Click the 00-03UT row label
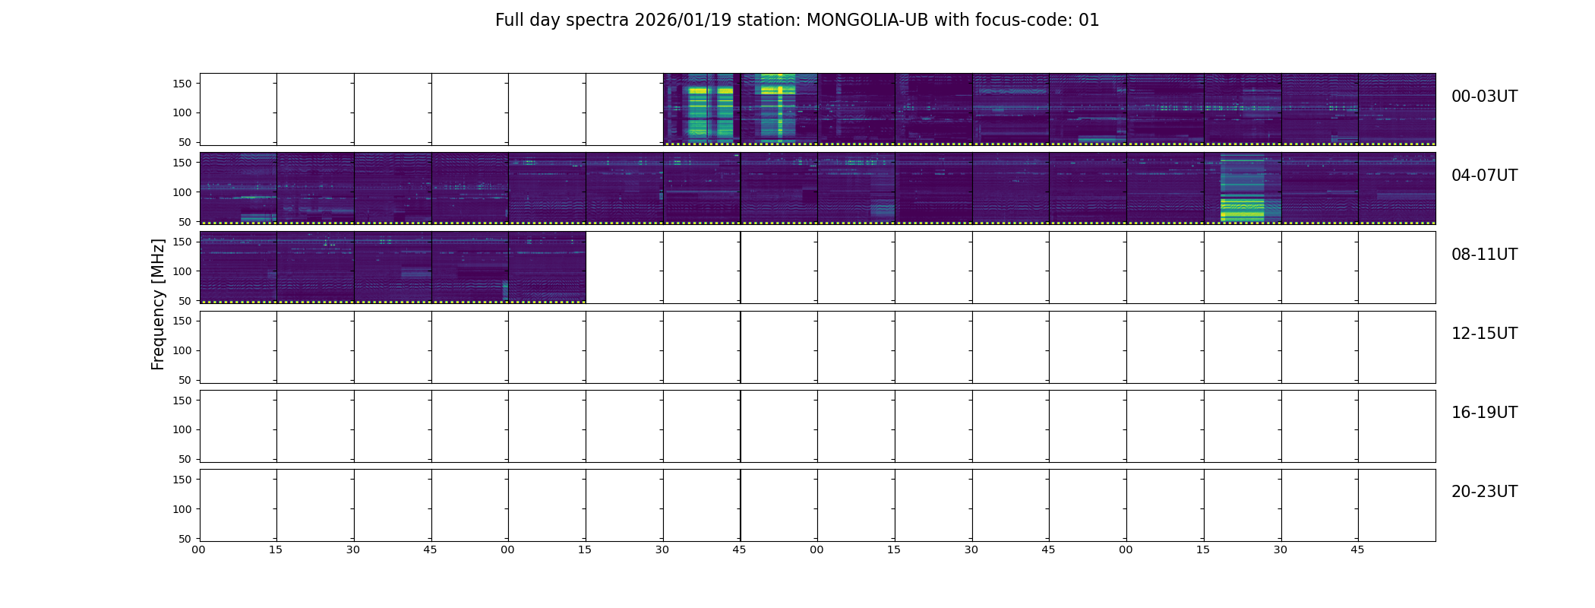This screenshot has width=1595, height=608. click(x=1484, y=97)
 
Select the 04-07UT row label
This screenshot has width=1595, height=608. click(x=1484, y=176)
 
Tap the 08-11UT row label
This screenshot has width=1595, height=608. click(x=1484, y=255)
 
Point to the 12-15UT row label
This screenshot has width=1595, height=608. click(x=1484, y=334)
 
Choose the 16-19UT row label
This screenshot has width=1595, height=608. click(x=1484, y=413)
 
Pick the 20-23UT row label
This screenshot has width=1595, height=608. click(x=1484, y=492)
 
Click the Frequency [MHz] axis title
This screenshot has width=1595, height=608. click(x=158, y=304)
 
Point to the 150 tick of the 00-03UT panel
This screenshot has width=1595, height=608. click(x=182, y=84)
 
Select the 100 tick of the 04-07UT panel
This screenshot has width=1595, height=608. click(x=182, y=192)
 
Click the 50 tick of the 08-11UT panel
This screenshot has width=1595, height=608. click(x=185, y=301)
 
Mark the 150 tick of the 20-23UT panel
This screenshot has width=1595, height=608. click(x=182, y=480)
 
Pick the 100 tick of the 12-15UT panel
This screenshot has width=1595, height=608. click(x=182, y=350)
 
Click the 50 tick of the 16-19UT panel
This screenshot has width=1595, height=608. click(x=185, y=459)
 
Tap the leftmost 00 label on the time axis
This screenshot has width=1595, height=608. click(x=199, y=549)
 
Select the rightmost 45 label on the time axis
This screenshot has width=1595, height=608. click(x=1357, y=549)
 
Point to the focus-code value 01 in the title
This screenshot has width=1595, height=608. click(x=1089, y=21)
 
